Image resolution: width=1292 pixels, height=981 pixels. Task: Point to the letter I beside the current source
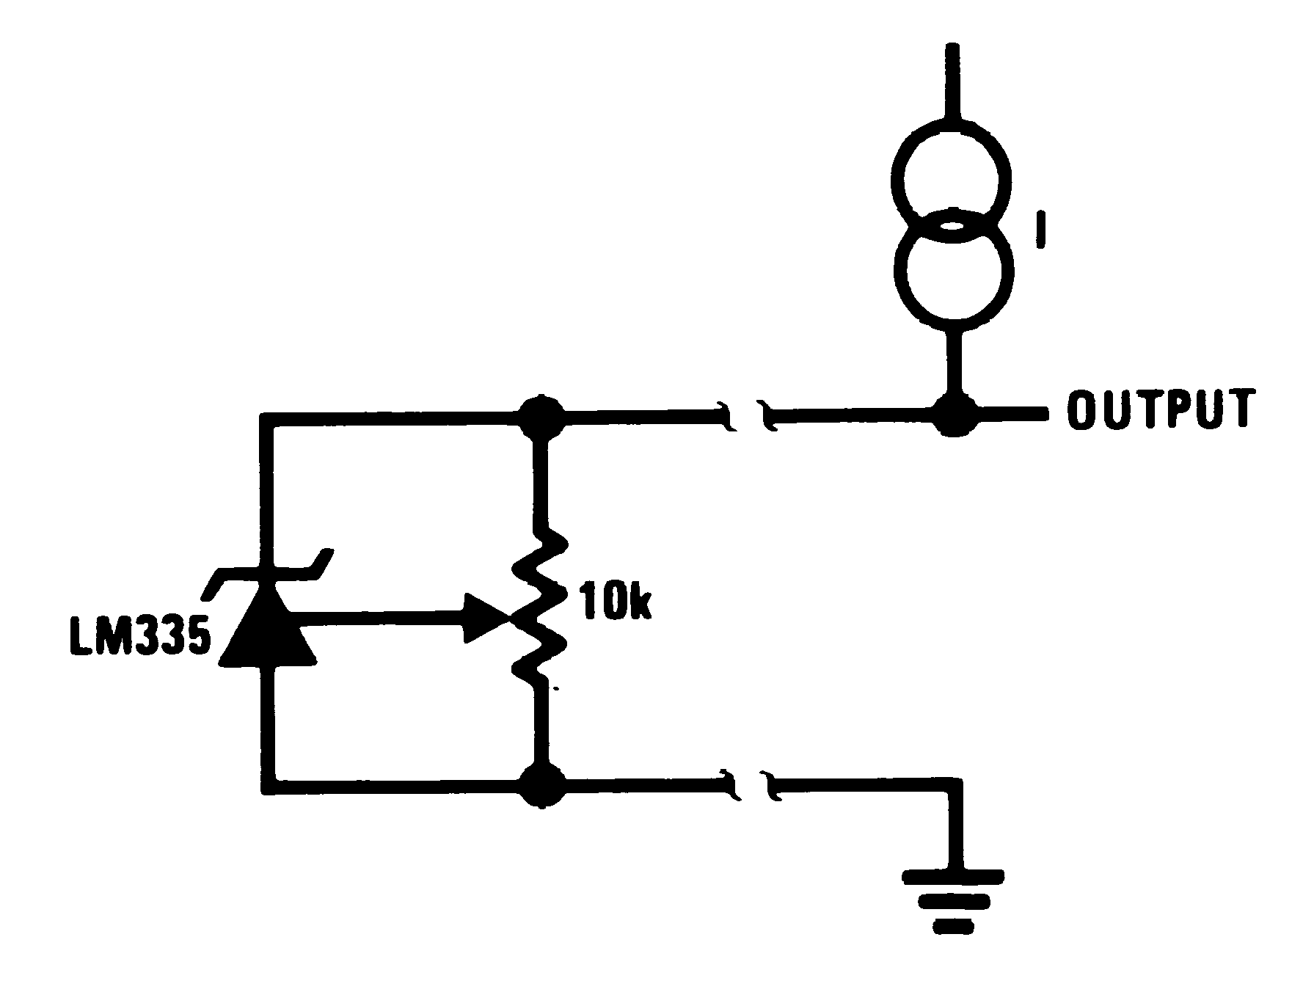(x=1040, y=230)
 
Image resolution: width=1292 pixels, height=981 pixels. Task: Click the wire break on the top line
(x=747, y=416)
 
